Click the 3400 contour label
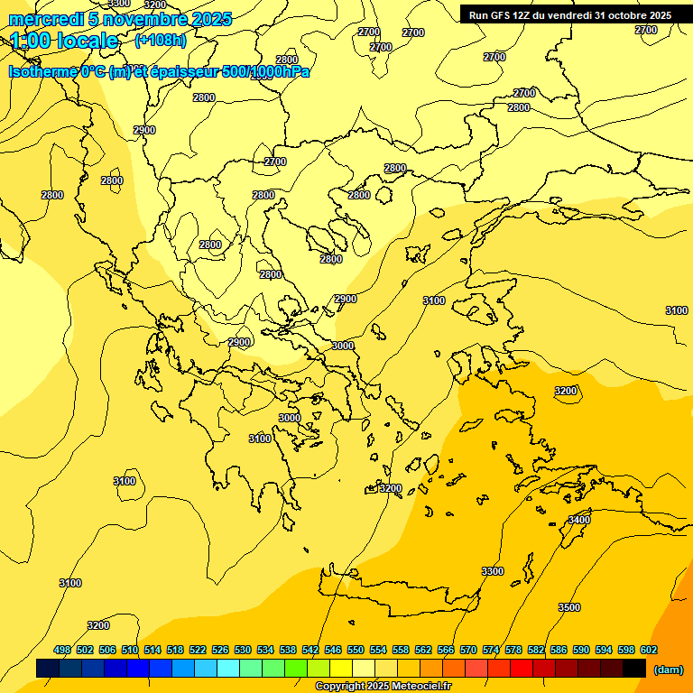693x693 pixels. [x=578, y=520]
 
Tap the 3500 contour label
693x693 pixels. [x=569, y=607]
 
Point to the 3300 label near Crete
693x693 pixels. [x=493, y=571]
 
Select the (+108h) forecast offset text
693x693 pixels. [x=161, y=41]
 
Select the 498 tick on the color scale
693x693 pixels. [x=62, y=650]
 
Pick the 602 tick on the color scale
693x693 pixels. [x=648, y=650]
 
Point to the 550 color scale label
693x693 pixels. [x=356, y=650]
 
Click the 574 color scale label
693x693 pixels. [x=491, y=650]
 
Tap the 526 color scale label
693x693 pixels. [x=220, y=650]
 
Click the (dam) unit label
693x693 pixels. [x=669, y=669]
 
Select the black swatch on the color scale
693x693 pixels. [x=634, y=668]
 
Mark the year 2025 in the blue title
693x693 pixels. [x=211, y=19]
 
